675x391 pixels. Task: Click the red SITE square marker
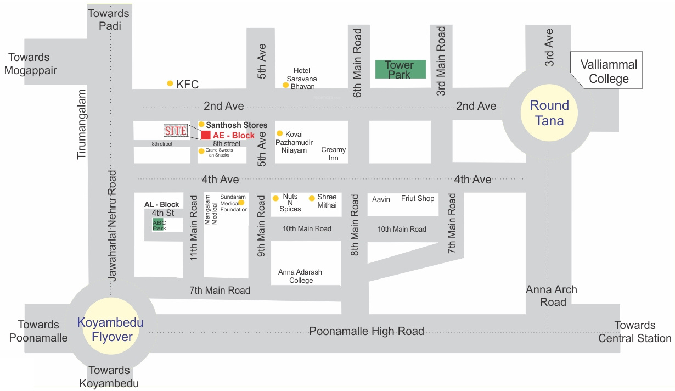tap(205, 135)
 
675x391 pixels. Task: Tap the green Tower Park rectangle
tap(400, 69)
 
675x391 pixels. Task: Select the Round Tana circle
tap(549, 113)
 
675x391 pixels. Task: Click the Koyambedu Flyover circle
tap(110, 329)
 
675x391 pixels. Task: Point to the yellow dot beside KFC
tap(170, 83)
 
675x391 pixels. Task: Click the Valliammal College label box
tap(609, 71)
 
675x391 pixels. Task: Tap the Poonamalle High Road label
tap(367, 331)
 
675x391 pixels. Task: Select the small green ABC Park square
tap(159, 225)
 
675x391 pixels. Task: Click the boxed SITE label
tap(176, 131)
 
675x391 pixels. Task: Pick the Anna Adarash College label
tap(300, 276)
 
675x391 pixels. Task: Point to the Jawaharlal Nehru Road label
tap(113, 226)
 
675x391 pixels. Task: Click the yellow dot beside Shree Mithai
tap(312, 198)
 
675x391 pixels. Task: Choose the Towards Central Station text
tap(634, 332)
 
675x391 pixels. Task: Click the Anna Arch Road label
tap(552, 296)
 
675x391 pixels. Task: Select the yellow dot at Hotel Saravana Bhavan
tap(286, 85)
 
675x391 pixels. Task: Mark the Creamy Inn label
tap(334, 154)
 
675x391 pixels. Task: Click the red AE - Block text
tap(234, 136)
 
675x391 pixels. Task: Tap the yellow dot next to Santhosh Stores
tap(201, 125)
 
